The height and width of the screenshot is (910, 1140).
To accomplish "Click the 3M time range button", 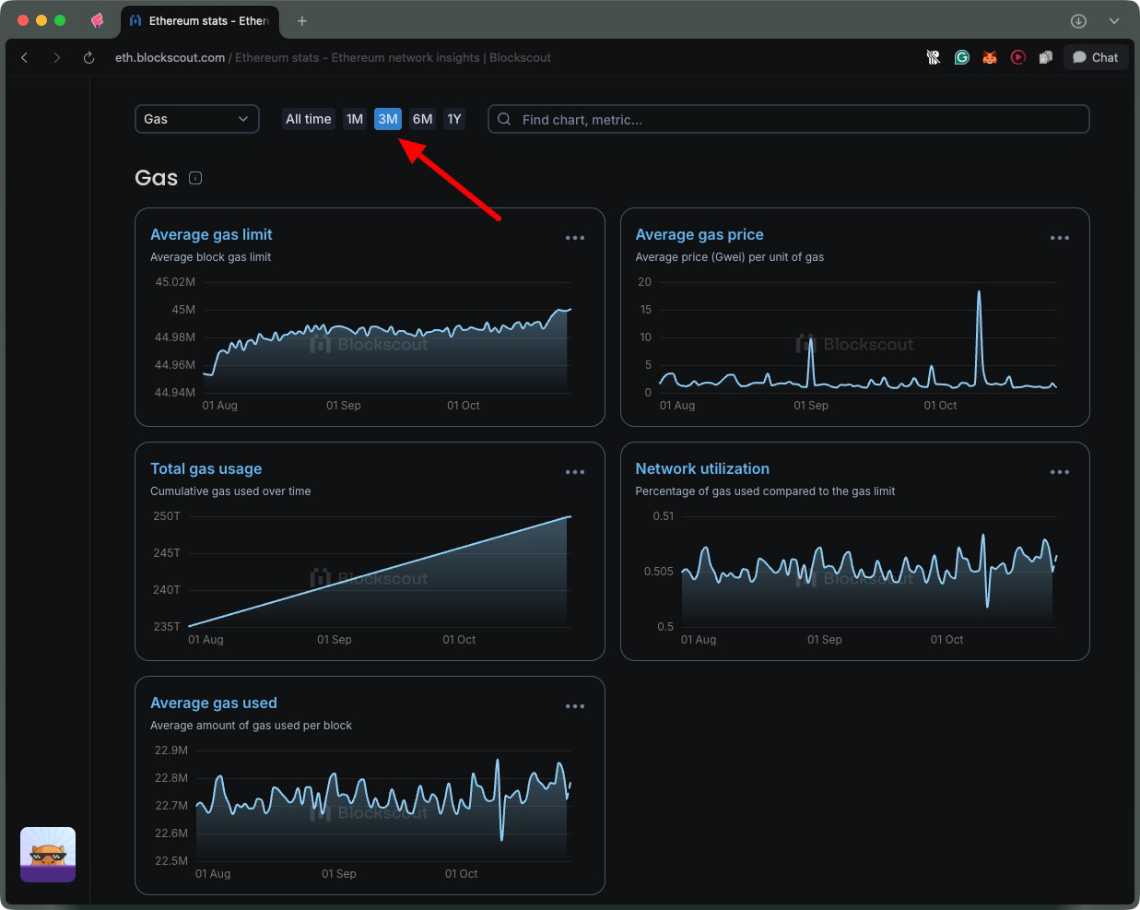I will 388,119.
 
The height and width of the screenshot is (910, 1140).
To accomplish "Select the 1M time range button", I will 355,119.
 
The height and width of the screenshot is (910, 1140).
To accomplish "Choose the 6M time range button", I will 422,119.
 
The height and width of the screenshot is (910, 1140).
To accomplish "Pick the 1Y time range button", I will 454,119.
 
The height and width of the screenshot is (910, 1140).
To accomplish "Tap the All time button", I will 308,119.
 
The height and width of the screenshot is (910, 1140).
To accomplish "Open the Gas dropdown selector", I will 196,119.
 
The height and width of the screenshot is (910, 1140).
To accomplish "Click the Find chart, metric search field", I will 789,119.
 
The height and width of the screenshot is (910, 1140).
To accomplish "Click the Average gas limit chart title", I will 211,234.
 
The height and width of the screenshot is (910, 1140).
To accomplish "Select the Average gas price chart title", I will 699,234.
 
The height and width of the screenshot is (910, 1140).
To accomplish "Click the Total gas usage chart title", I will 206,468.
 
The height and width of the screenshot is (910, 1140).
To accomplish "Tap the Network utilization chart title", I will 702,468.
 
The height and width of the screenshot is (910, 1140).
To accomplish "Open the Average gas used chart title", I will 214,703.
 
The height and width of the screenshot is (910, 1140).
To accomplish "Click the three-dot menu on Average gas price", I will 1060,238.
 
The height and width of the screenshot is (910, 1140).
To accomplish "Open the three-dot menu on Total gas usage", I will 575,472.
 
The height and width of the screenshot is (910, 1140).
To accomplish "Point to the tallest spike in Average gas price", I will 979,293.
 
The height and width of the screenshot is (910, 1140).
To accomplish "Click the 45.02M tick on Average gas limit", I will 175,282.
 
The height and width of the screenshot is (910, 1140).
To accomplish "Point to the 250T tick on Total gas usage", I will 167,516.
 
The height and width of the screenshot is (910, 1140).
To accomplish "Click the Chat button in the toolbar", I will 1095,57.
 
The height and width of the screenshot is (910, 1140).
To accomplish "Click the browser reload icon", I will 88,57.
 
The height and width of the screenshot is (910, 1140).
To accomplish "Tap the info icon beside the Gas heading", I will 195,178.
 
